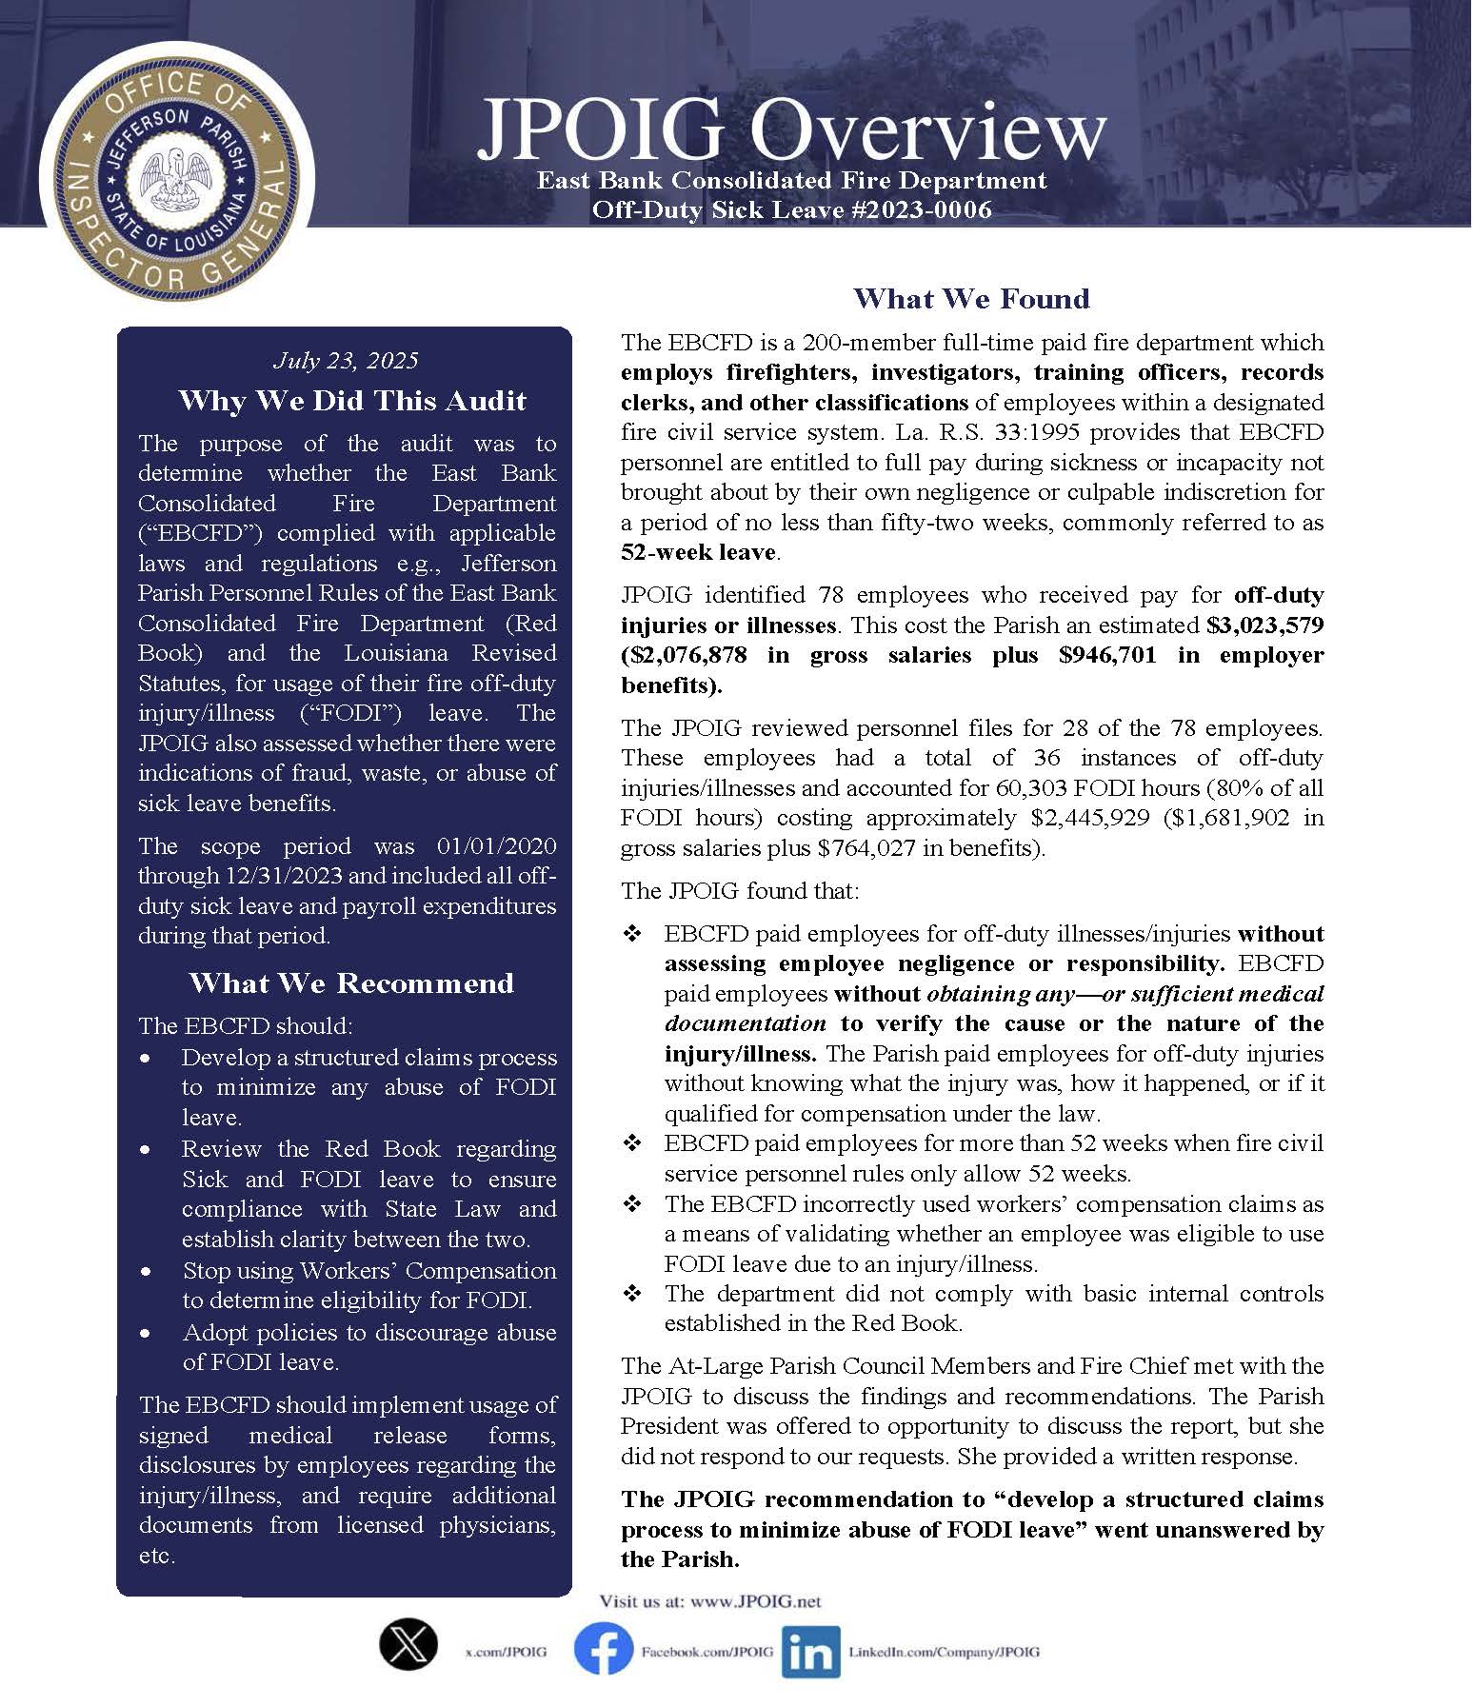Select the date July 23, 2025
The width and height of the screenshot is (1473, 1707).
click(x=346, y=360)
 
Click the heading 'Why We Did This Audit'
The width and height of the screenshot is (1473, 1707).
click(x=351, y=400)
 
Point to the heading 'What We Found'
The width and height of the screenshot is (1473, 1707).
click(x=971, y=298)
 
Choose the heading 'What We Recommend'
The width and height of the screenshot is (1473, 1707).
click(x=351, y=983)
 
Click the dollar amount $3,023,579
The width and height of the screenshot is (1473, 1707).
click(x=1264, y=625)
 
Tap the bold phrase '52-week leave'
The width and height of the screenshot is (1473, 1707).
click(x=698, y=552)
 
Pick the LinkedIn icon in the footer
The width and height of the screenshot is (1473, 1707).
click(x=810, y=1652)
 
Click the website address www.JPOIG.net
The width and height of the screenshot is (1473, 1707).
click(x=756, y=1601)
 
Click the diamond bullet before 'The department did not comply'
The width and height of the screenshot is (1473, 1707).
click(x=632, y=1294)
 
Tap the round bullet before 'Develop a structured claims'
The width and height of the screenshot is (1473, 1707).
click(x=145, y=1059)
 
